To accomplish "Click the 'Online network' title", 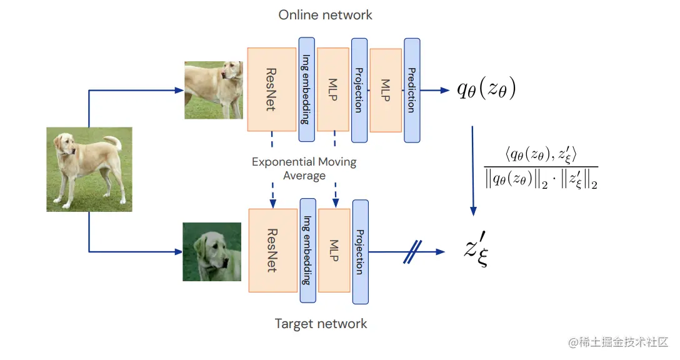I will [325, 15].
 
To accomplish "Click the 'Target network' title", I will [321, 324].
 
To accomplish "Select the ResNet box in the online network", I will [271, 89].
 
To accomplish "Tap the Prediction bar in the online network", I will [412, 90].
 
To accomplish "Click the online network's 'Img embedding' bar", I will [306, 90].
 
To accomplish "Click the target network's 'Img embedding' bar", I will [307, 250].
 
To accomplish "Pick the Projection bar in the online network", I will [359, 90].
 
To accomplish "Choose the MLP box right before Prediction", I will [386, 90].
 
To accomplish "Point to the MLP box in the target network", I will [334, 250].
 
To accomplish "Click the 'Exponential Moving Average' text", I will [304, 169].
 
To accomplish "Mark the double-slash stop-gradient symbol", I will [410, 252].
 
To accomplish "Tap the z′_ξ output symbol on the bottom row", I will [476, 251].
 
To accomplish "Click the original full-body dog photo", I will [89, 169].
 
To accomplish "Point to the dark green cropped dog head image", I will [212, 252].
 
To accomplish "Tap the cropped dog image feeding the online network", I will [213, 90].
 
